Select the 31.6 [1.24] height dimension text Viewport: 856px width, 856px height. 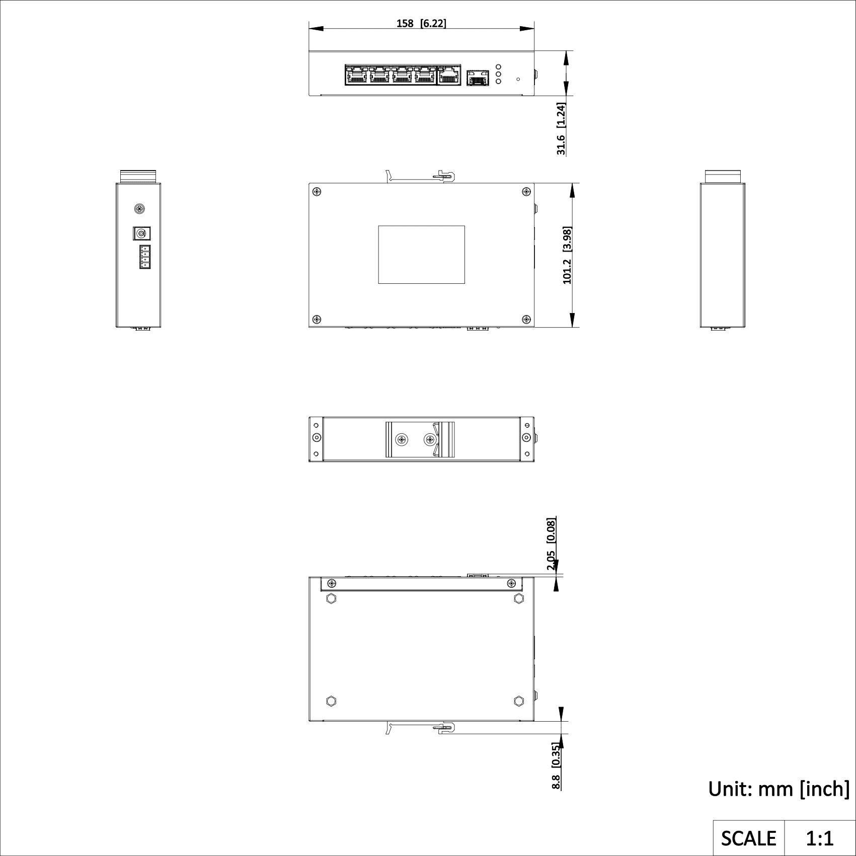coord(561,129)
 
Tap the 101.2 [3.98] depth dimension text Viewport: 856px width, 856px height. coord(567,255)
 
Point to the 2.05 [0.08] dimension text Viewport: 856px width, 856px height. coord(551,544)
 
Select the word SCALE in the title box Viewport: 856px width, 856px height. coord(748,838)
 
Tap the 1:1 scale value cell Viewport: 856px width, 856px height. coord(820,838)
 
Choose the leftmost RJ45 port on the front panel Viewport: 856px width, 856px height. coord(356,75)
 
